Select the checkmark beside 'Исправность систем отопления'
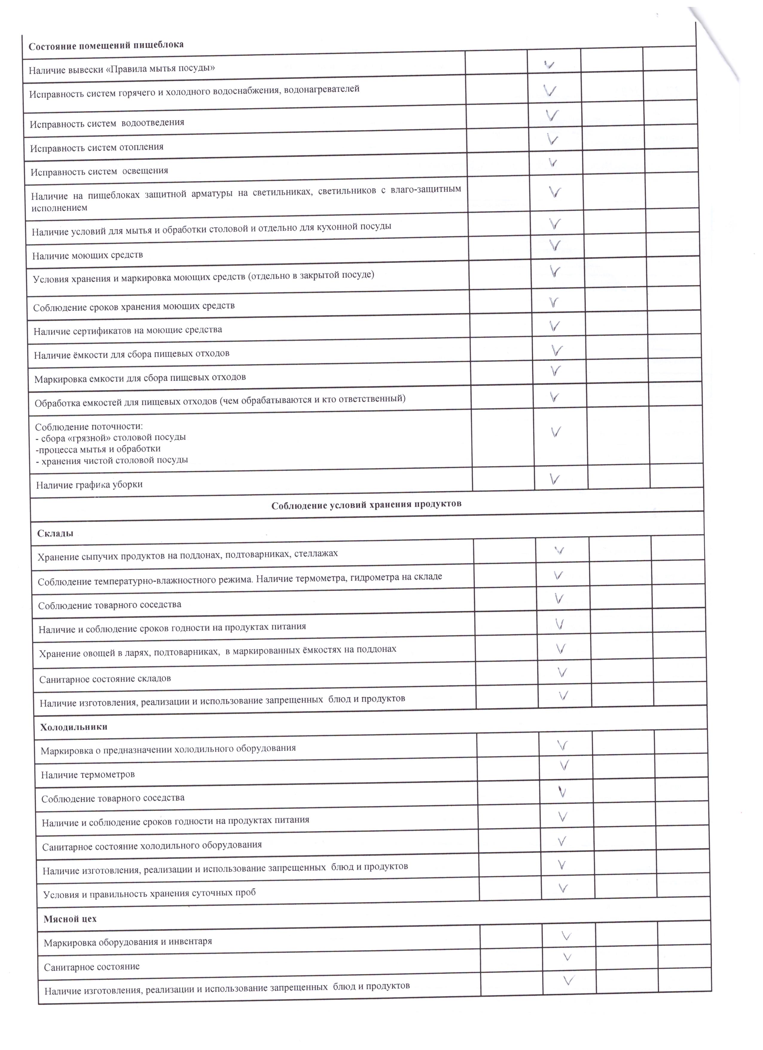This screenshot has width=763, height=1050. pos(552,139)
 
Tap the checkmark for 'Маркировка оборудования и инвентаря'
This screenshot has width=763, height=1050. pos(566,936)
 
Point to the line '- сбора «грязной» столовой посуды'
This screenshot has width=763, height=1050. pos(111,437)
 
